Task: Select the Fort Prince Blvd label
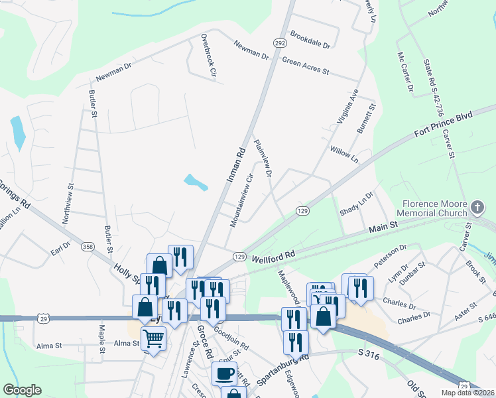tap(442, 123)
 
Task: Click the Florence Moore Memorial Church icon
tap(476, 208)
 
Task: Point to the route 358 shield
tap(87, 247)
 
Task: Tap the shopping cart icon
tap(153, 339)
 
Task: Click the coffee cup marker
tap(224, 373)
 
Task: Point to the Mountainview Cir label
tap(241, 200)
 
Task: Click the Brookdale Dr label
tap(310, 40)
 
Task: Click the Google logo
tap(22, 390)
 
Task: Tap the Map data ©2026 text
tap(466, 393)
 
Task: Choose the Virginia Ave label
tap(347, 107)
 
